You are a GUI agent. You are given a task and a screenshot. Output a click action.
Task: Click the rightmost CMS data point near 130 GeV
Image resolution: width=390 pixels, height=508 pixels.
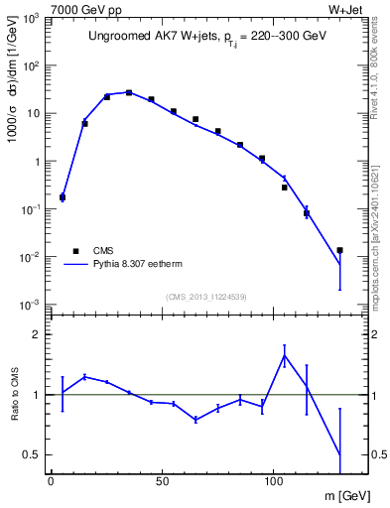[339, 250]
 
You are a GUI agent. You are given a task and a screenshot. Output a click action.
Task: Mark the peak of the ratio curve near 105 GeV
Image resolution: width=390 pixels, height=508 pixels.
[285, 355]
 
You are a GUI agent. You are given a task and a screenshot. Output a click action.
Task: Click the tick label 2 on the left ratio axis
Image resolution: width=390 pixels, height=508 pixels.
[37, 334]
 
